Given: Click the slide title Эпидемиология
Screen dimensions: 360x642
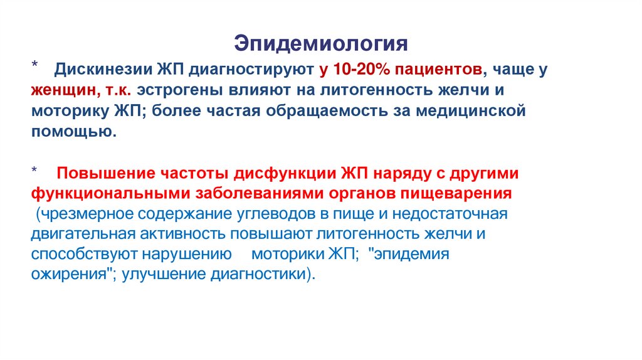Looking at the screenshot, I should (x=321, y=43).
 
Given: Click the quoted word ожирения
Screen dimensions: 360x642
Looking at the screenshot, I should (x=70, y=275).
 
